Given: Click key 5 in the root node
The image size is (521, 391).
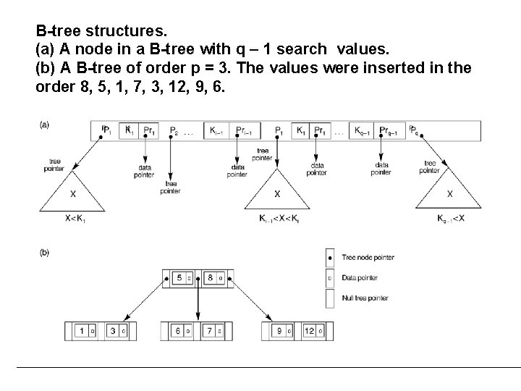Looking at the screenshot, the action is tap(179, 277).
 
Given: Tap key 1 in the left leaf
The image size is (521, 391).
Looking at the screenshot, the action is tap(82, 331).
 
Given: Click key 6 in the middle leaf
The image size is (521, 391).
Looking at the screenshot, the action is tap(179, 331).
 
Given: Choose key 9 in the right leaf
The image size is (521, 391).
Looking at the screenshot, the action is tap(279, 331).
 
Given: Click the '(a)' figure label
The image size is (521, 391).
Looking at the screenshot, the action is tap(45, 125).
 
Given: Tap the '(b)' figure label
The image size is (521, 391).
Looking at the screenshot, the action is tap(45, 253).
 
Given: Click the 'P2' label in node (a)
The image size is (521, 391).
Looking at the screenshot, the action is tap(174, 132).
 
